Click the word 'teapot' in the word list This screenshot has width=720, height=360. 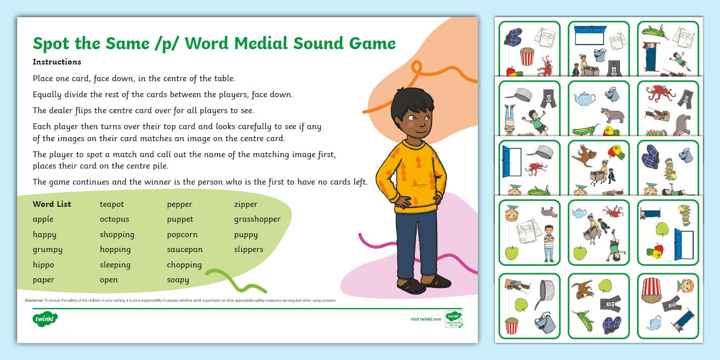111,204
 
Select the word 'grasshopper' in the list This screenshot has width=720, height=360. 257,219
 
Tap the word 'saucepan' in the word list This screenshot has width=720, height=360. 185,249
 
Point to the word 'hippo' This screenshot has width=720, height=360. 43,265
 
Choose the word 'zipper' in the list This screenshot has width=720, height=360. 246,204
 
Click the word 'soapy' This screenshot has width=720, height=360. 178,280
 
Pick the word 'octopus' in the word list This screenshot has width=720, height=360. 114,219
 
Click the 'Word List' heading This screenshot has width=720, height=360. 52,204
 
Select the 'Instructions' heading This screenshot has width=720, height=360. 57,62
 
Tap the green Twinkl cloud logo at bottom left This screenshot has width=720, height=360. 45,319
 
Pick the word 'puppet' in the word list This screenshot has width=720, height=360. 180,219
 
